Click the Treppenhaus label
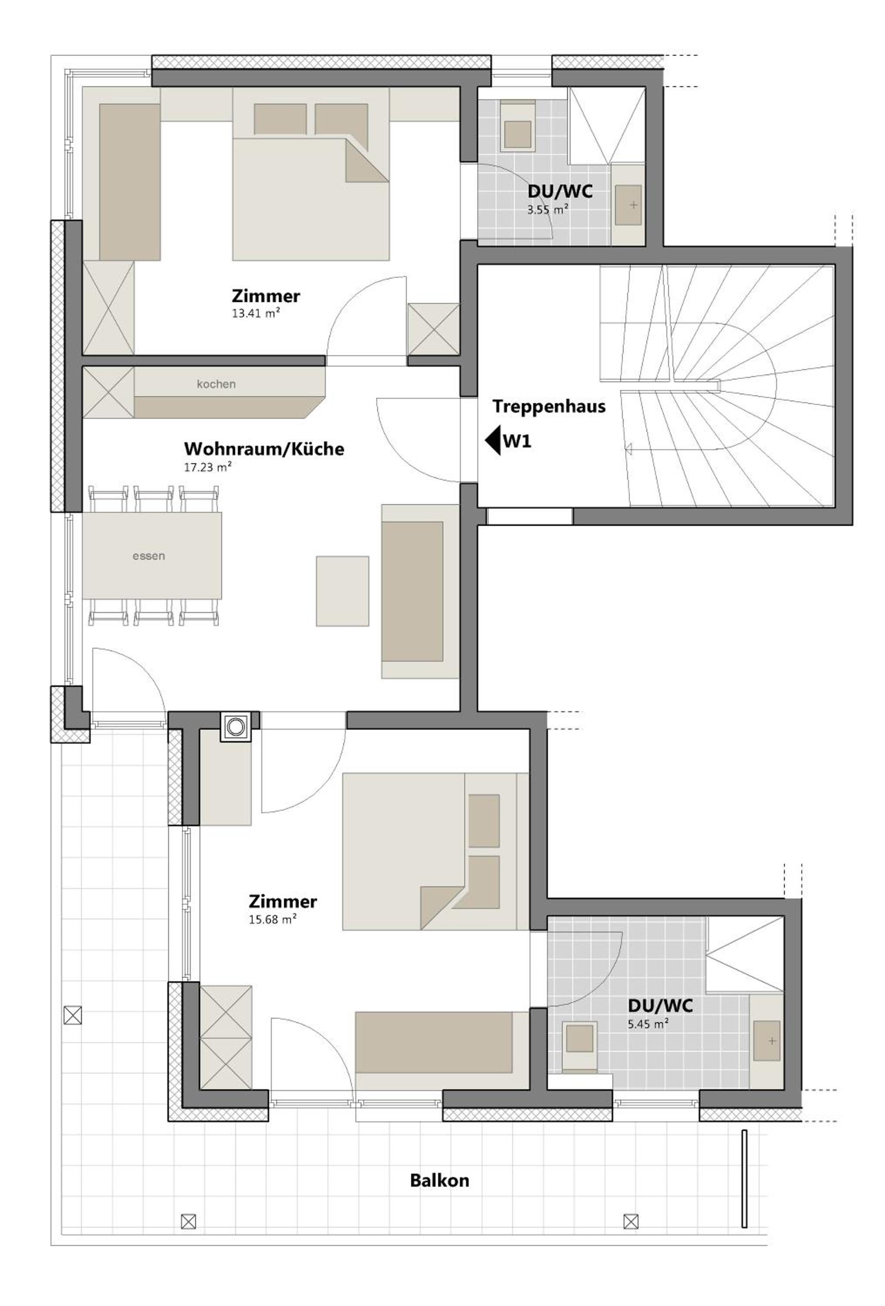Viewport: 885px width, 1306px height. (x=549, y=406)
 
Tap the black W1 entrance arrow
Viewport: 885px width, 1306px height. (x=493, y=441)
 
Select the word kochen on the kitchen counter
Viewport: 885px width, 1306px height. (x=216, y=384)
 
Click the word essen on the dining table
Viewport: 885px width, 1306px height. (x=149, y=556)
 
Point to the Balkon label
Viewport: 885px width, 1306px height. (x=439, y=1180)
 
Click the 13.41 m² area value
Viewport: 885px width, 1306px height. (x=256, y=313)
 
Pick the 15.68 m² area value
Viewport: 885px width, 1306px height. (x=273, y=920)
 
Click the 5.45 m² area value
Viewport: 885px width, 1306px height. (x=648, y=1024)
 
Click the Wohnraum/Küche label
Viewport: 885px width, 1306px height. (x=263, y=449)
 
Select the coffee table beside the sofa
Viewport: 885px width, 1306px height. (x=342, y=591)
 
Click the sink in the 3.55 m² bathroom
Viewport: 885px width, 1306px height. (x=628, y=205)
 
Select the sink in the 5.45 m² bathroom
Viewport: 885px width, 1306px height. (x=767, y=1041)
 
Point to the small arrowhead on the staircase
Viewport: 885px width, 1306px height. (x=628, y=448)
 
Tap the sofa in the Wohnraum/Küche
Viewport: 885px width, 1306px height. (x=419, y=591)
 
